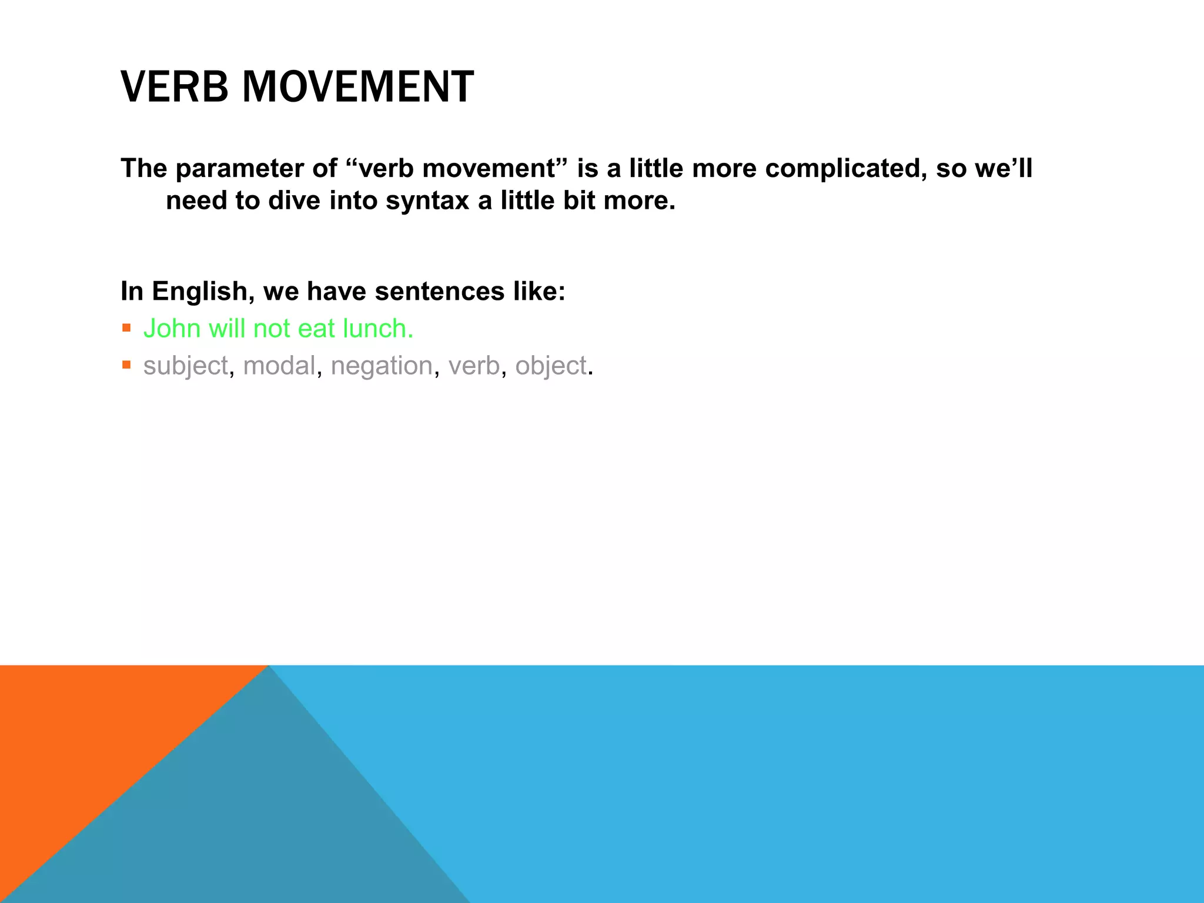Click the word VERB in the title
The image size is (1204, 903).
[174, 87]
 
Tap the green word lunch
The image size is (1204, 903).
[378, 329]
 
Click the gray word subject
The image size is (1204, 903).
[185, 366]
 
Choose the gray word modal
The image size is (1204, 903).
[279, 366]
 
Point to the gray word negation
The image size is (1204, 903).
[382, 366]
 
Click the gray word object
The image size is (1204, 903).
[551, 366]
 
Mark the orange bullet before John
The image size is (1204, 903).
[126, 328]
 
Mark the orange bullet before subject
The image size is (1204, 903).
[126, 365]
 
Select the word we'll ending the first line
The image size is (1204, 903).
[1003, 169]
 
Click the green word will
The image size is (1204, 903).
[228, 329]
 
